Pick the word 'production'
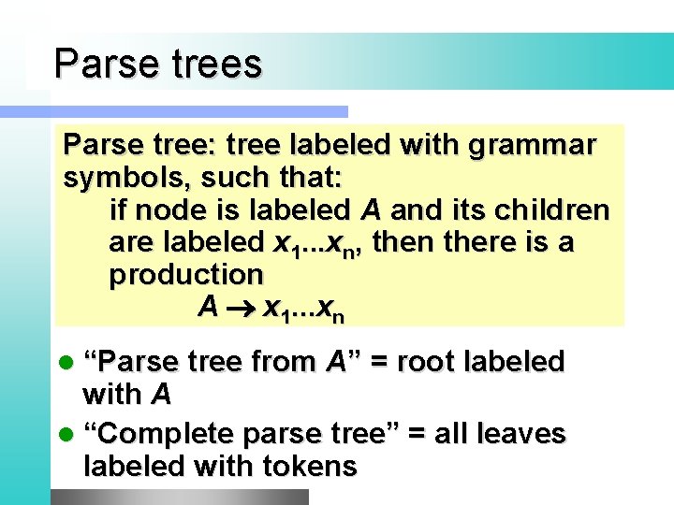pos(186,274)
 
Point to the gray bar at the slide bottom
pos(178,497)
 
